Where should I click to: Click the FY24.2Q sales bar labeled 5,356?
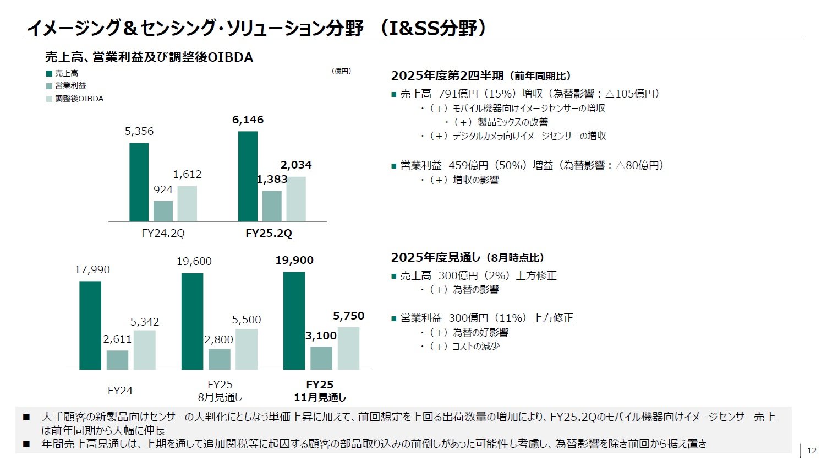139,182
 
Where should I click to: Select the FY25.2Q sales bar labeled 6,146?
248,176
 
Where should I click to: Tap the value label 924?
163,190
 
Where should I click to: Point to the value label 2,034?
296,165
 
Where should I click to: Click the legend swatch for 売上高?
49,73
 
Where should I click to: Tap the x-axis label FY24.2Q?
163,233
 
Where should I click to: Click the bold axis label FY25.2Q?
269,233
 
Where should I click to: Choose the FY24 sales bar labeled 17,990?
90,325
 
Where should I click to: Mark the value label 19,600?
194,261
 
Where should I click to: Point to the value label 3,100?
321,336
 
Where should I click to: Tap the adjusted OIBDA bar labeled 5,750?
348,348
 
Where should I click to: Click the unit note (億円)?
341,71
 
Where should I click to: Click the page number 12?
812,451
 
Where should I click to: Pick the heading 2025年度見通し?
435,257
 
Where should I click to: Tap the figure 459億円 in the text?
468,165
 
